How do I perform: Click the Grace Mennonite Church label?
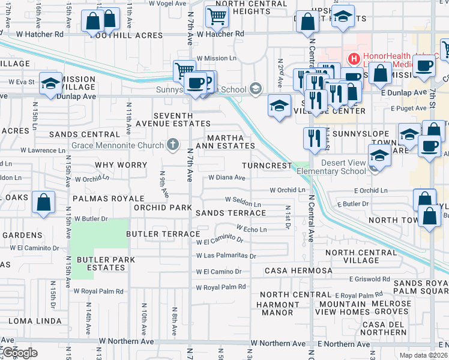117,145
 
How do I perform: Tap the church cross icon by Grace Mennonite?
173,145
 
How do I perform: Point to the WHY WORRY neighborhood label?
121,165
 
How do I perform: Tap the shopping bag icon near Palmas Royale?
44,203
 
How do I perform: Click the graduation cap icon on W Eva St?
50,84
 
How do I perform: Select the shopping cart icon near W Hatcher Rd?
217,16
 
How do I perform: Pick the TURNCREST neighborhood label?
267,165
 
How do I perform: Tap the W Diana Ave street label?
227,178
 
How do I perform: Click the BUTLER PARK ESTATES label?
106,263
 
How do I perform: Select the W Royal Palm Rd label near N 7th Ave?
221,287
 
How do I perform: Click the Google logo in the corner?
19,352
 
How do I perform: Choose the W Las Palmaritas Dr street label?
226,256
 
